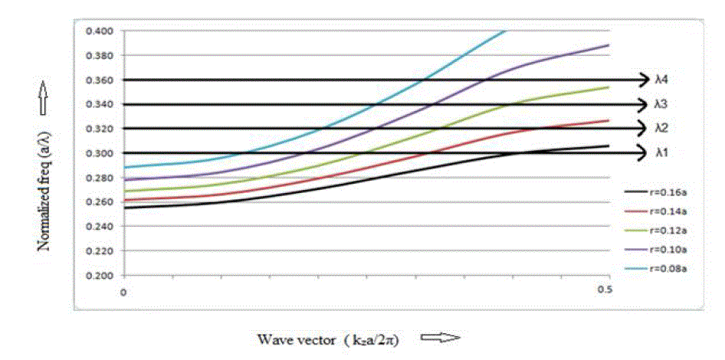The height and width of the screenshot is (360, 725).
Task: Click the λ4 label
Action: (663, 79)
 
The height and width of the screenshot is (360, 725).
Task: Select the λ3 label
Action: (663, 103)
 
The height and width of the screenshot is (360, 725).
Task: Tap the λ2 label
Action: (663, 128)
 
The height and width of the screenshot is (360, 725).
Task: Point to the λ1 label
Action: (663, 152)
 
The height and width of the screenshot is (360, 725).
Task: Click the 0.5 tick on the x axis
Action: (605, 292)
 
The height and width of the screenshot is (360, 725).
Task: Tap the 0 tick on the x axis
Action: (123, 292)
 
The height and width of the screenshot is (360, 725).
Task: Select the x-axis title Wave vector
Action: (329, 338)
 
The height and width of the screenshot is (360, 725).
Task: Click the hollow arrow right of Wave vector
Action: (440, 338)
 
